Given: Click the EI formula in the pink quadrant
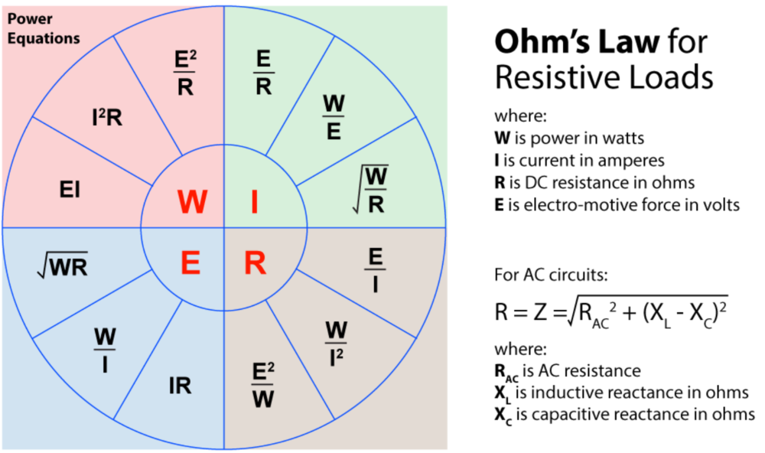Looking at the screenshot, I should (x=70, y=191).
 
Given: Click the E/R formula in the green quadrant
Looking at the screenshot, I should (x=263, y=73).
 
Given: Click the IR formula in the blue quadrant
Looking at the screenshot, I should (x=181, y=386).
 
